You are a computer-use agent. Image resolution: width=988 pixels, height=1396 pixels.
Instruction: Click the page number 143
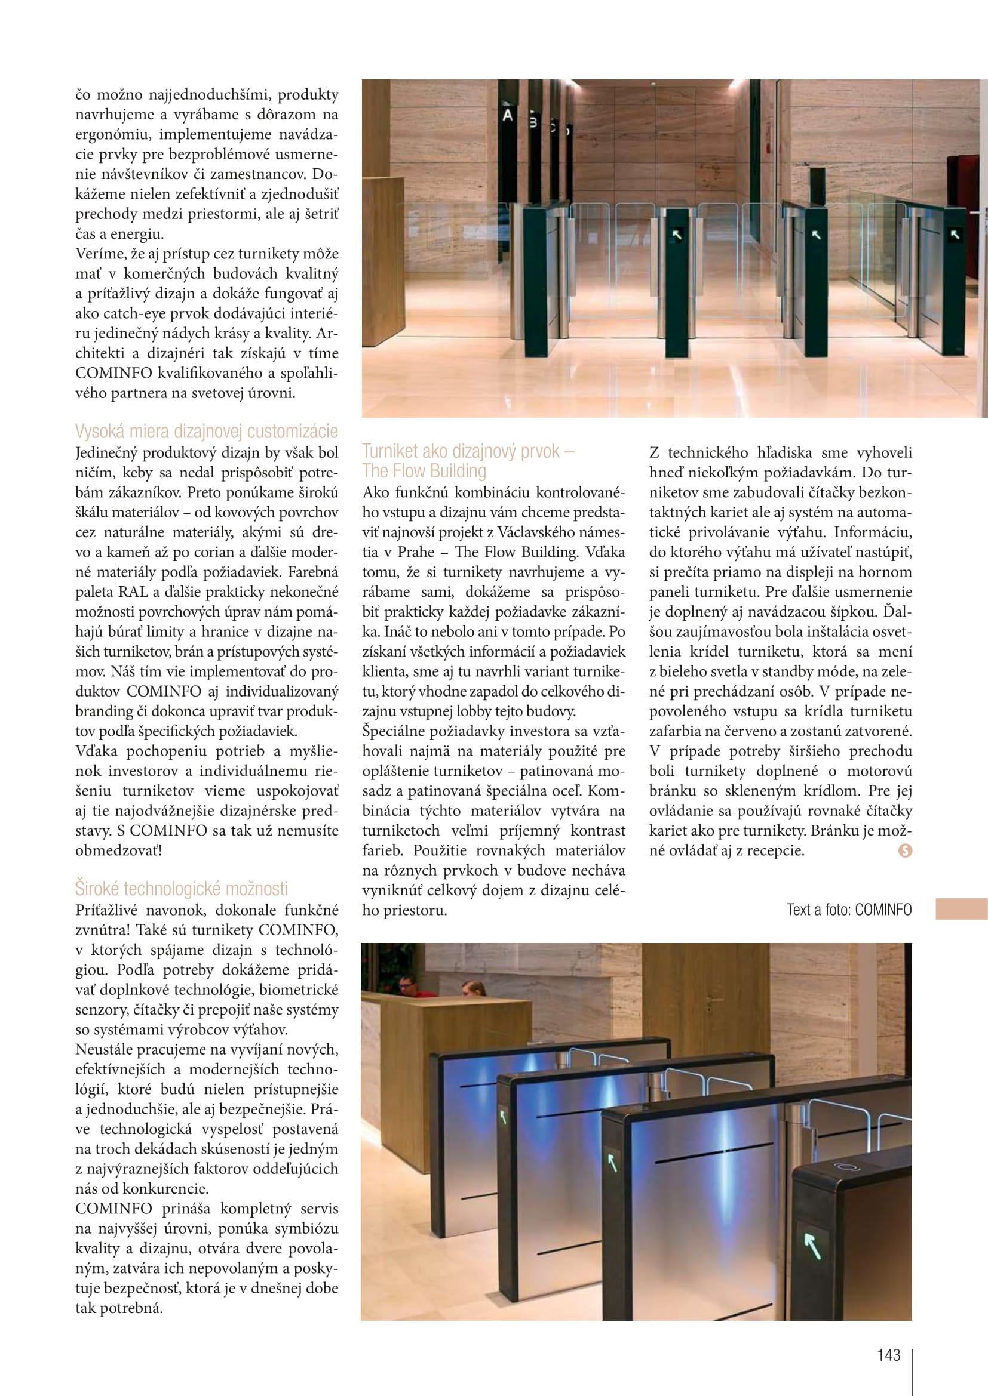pyautogui.click(x=888, y=1355)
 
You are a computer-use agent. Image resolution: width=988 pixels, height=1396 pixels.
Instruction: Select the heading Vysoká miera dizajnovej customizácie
pyautogui.click(x=206, y=431)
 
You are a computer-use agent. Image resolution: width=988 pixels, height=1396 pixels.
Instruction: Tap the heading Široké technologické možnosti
pyautogui.click(x=182, y=888)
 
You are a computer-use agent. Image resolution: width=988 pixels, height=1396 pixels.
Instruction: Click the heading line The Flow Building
pyautogui.click(x=424, y=472)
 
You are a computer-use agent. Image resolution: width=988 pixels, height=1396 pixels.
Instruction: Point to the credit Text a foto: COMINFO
pyautogui.click(x=849, y=910)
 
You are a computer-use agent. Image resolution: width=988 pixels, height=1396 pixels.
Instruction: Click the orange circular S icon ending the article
pyautogui.click(x=904, y=850)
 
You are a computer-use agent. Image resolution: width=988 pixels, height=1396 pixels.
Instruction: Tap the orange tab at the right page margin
pyautogui.click(x=961, y=909)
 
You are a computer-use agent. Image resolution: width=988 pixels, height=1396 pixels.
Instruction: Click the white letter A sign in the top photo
pyautogui.click(x=507, y=115)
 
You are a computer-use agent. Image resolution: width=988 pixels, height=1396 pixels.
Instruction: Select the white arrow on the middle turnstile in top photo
pyautogui.click(x=817, y=235)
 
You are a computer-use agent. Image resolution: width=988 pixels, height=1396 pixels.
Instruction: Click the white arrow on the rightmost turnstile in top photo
pyautogui.click(x=955, y=234)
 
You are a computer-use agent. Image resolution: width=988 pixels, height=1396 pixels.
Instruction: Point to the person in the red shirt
pyautogui.click(x=407, y=985)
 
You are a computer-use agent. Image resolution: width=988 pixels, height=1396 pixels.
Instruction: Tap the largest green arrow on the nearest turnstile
pyautogui.click(x=812, y=1244)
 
